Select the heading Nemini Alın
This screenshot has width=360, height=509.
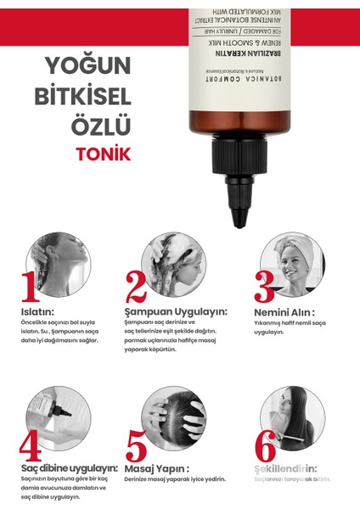coord(282,311)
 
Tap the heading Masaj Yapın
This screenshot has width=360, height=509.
coord(157,467)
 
